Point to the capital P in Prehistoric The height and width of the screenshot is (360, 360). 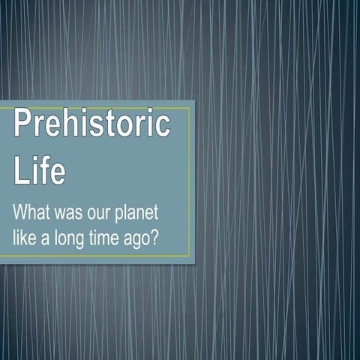tap(22, 124)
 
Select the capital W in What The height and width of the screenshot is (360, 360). tap(22, 212)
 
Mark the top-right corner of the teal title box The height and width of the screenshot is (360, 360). tap(194, 101)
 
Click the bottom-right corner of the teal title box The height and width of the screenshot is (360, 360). tap(194, 262)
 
